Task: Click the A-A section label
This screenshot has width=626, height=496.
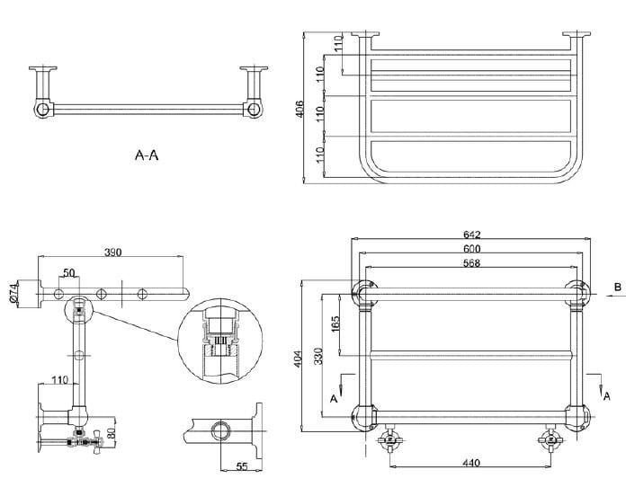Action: [147, 155]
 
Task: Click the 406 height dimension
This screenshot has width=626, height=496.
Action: [300, 108]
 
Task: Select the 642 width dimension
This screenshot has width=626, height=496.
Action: [471, 235]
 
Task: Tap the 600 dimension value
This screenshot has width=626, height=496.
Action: [471, 249]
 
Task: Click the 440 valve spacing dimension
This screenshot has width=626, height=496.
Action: [471, 463]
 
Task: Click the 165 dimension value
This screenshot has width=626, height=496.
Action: [336, 322]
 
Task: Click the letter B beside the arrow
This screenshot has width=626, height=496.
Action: [616, 287]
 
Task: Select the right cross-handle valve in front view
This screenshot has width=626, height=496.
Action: [550, 439]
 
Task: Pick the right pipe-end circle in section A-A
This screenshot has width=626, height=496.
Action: [254, 110]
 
